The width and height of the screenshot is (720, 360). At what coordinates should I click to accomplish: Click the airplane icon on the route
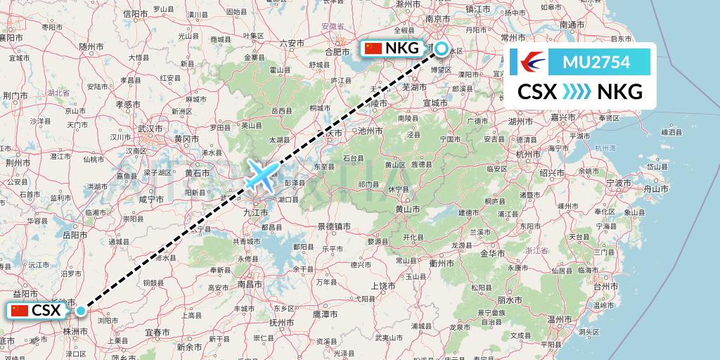262,174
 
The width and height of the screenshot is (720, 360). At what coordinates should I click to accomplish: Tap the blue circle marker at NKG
441,49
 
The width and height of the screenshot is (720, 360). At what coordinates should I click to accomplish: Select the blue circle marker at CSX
82,311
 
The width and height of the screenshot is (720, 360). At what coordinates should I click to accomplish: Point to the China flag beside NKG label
373,49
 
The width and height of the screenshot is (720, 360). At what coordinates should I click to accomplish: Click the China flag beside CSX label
20,311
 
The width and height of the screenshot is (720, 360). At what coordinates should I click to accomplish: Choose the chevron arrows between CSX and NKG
577,91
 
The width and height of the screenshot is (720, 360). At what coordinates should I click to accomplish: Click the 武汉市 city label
150,129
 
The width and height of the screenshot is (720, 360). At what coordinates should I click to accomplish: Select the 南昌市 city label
250,284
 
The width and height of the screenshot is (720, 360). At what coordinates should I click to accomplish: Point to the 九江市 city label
252,211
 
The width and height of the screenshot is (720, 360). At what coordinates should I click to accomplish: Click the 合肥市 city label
337,51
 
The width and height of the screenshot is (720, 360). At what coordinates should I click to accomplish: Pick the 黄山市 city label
407,209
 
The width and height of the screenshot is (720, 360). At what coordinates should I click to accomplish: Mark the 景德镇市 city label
333,226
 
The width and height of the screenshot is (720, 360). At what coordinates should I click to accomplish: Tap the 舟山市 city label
655,188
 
